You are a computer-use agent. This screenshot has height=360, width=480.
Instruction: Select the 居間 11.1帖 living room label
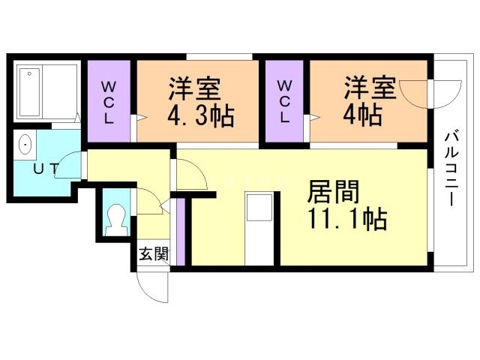tap(346, 205)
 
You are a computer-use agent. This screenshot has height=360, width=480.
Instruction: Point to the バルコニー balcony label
tap(451, 169)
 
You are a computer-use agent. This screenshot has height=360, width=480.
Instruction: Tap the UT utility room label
tap(44, 169)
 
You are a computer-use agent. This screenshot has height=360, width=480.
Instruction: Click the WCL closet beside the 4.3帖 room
tap(109, 101)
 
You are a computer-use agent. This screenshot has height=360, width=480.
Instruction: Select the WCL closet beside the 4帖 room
tap(284, 101)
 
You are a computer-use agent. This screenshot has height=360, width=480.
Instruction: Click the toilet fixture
tap(116, 218)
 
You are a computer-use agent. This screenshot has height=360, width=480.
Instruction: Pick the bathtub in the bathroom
tap(45, 91)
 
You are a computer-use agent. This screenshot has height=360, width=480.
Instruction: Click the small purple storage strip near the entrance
tap(181, 232)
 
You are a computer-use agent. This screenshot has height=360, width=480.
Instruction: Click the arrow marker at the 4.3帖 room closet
tap(136, 118)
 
